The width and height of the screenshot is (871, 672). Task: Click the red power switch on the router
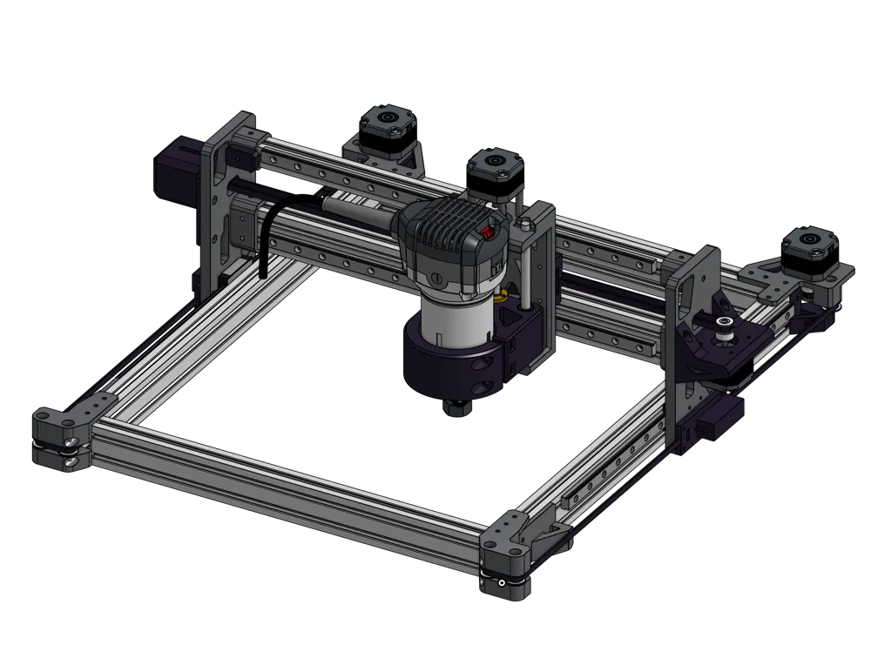click(489, 232)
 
